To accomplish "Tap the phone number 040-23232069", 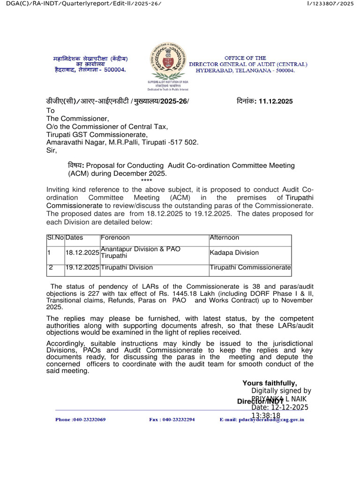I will click(x=80, y=420).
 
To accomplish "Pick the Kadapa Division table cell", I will click(x=234, y=253).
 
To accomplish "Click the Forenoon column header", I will click(x=115, y=238).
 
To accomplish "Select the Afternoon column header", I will click(x=224, y=238).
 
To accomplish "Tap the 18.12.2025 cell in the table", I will click(x=82, y=253).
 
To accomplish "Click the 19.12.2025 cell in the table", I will click(x=82, y=268).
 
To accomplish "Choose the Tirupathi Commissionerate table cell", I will click(x=250, y=268).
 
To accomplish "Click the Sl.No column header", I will click(x=55, y=238).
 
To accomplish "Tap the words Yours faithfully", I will click(x=270, y=383).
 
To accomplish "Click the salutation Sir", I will click(x=51, y=150).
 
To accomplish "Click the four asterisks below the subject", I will click(x=146, y=180).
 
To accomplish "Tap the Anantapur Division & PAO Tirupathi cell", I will click(x=141, y=253).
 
